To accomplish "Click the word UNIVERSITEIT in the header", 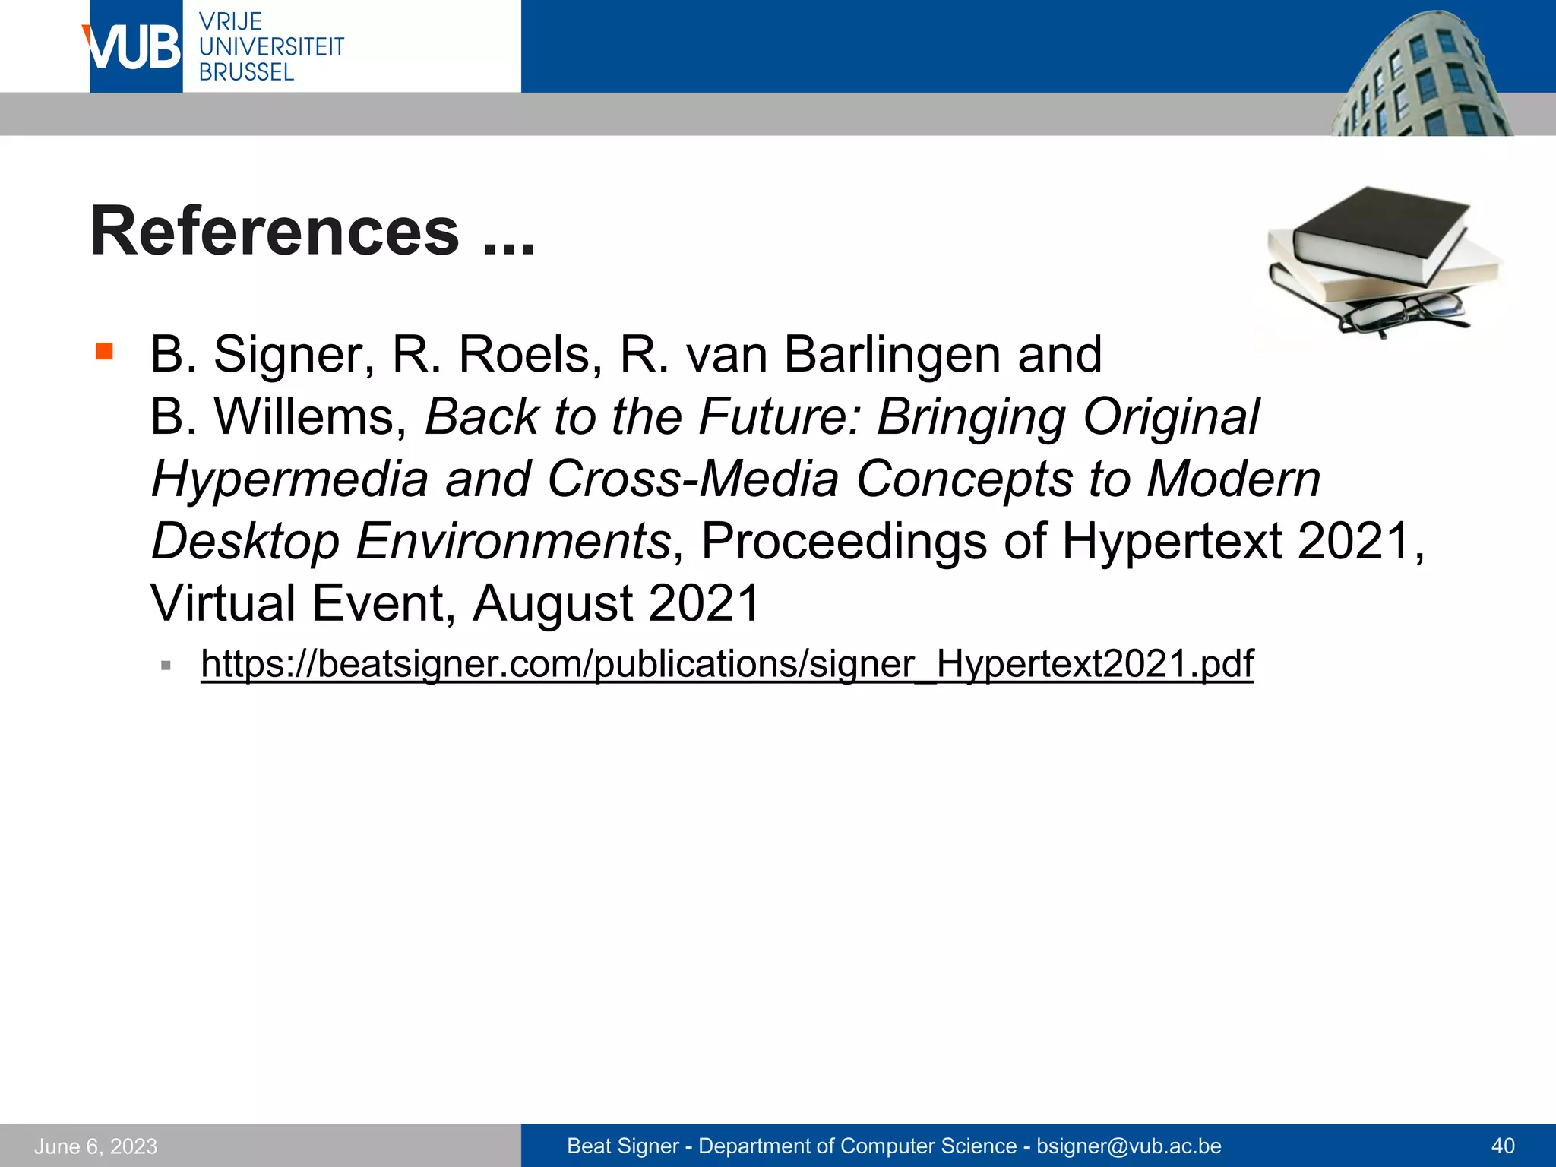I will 271,47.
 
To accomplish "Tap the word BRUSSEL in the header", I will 246,73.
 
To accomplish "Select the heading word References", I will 275,232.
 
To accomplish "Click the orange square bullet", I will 104,351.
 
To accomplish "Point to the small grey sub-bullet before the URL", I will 166,666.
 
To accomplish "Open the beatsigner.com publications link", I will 726,664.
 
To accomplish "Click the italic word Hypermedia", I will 289,479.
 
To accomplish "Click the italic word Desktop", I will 245,542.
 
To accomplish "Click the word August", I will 552,604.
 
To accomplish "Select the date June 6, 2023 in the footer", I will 96,1146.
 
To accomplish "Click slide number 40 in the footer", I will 1503,1146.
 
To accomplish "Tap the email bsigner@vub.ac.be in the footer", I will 1129,1146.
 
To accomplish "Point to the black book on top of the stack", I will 1379,228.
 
